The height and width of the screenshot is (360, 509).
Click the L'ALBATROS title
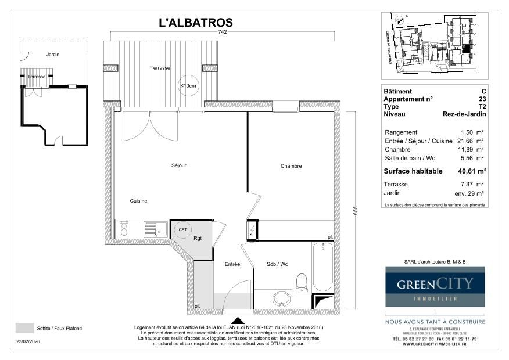click(x=196, y=23)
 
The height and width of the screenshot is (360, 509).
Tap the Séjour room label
click(x=179, y=165)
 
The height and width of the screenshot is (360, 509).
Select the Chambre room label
click(x=291, y=166)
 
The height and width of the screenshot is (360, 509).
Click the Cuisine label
click(x=138, y=201)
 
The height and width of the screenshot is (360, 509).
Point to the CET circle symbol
click(x=182, y=229)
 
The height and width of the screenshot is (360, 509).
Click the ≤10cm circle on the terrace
click(x=188, y=86)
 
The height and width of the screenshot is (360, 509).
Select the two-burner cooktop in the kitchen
click(x=124, y=229)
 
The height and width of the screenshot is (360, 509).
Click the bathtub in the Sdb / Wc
click(x=322, y=267)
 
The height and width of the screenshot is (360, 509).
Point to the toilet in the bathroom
click(x=301, y=283)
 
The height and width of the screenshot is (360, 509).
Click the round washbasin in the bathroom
click(x=282, y=299)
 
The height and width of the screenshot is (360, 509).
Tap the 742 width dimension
click(x=223, y=33)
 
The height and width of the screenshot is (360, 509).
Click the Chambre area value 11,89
click(x=468, y=150)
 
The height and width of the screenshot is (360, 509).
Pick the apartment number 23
click(x=482, y=99)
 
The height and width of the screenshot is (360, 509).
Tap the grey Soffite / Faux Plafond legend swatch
click(x=24, y=328)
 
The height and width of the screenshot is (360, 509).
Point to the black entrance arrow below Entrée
click(x=238, y=320)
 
